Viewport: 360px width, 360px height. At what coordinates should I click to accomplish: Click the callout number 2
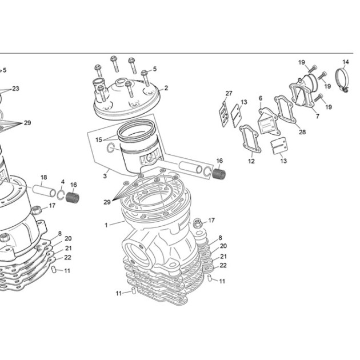point(166,88)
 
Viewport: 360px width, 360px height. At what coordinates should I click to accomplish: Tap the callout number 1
point(106,225)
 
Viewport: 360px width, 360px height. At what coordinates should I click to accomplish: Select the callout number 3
point(105,176)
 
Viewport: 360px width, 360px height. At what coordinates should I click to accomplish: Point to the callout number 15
point(99,139)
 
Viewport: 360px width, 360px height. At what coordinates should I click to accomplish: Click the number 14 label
point(346,62)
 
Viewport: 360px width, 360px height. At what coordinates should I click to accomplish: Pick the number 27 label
point(229,94)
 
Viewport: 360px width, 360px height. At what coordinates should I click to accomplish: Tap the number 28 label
point(302,132)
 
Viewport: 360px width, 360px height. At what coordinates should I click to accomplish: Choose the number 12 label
point(251,161)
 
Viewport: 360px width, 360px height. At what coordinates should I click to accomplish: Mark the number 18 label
point(43,177)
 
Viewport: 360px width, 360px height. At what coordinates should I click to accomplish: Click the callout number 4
point(63,182)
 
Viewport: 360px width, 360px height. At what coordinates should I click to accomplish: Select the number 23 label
point(15,89)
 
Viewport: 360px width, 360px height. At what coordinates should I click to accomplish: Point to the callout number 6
point(261,98)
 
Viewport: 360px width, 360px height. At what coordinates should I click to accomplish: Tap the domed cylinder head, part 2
point(126,101)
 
